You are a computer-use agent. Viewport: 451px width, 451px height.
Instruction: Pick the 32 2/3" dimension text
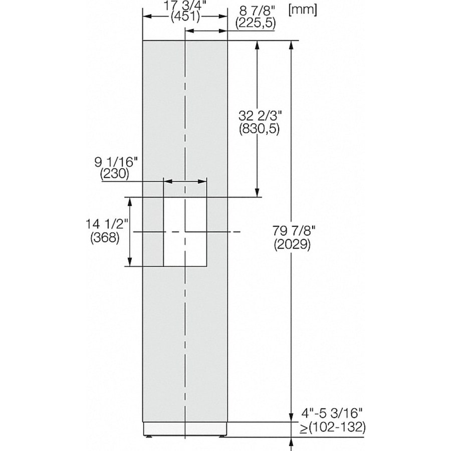(x=260, y=116)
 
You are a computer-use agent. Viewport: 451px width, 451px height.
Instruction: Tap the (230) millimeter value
(x=115, y=174)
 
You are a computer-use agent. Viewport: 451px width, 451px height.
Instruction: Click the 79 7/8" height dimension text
(x=293, y=232)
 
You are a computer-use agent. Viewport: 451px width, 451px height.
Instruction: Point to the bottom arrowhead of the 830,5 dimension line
(x=257, y=192)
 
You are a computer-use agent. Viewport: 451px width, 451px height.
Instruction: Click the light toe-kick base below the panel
(x=185, y=429)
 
